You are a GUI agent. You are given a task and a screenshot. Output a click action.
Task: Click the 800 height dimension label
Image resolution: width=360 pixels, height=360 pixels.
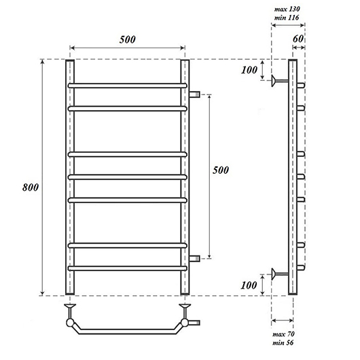31,187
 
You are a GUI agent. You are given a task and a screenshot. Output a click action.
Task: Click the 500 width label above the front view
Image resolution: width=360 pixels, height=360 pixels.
128,39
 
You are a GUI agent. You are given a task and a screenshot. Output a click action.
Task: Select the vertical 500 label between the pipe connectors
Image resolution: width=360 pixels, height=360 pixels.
221,170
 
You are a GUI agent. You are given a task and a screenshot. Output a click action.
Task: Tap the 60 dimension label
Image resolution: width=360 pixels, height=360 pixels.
298,39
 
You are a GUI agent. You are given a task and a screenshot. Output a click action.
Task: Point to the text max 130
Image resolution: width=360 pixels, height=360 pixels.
287,9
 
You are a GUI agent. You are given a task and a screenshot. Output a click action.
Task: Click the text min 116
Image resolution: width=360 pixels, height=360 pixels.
287,18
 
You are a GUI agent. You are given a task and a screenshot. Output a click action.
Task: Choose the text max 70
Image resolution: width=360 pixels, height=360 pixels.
283,334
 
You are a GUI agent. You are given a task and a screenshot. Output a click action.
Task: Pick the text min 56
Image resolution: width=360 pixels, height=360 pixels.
283,343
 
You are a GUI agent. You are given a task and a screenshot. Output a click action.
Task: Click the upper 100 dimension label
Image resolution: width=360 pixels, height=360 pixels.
249,70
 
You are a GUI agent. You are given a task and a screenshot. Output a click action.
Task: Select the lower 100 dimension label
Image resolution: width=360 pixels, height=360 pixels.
249,285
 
